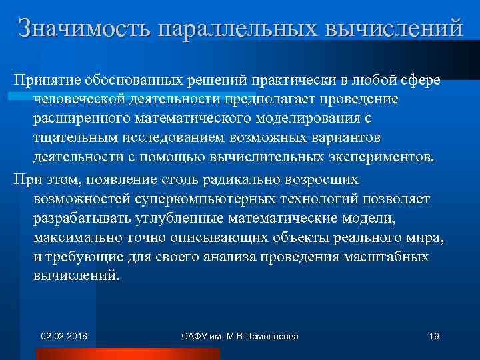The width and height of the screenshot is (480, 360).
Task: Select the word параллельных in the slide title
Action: coord(238,29)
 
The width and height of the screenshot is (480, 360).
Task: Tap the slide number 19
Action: coord(433,336)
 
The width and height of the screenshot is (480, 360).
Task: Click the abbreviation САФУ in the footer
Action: coord(195,336)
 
